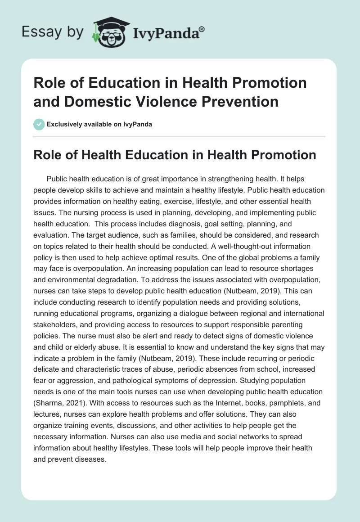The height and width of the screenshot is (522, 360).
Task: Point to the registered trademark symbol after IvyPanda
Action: pos(202,28)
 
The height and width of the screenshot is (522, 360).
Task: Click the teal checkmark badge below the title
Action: pos(39,124)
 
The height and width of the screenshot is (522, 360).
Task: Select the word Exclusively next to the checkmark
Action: pos(65,124)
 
